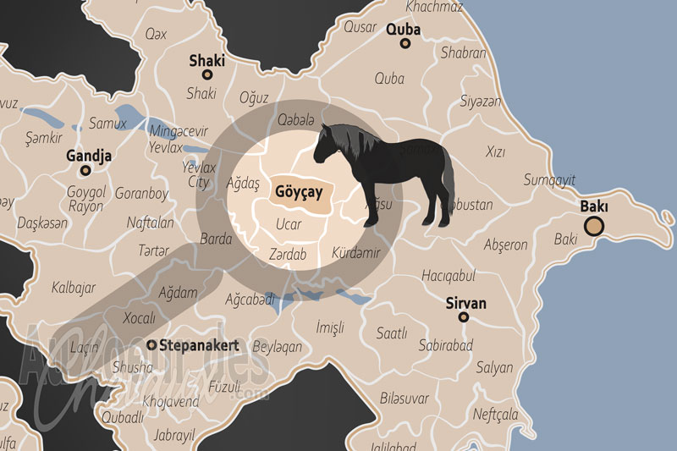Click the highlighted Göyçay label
299,192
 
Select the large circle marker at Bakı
594,226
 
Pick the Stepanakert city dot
151,345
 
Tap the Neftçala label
496,415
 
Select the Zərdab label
287,253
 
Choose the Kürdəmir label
355,253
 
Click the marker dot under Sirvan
463,317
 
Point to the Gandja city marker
85,170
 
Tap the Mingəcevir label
178,131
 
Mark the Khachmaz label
434,8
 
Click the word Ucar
289,225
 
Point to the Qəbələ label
295,119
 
